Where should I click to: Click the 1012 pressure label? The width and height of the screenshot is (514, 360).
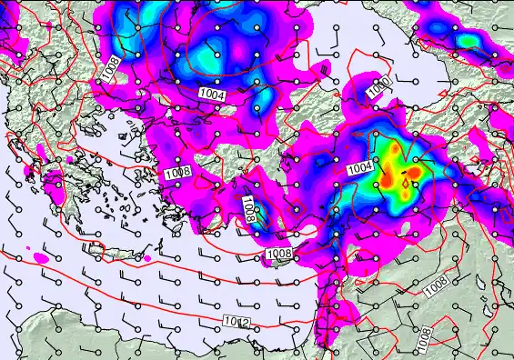(237, 322)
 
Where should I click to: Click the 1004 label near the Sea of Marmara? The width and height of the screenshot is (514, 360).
(212, 94)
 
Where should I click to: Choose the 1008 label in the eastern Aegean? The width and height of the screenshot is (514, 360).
(176, 173)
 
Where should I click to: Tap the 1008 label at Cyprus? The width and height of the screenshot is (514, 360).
(278, 253)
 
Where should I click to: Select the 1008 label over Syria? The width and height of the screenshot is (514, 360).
(436, 285)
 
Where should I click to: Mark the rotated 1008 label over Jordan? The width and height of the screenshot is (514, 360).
(424, 338)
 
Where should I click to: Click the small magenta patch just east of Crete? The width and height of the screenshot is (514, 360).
(147, 260)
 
